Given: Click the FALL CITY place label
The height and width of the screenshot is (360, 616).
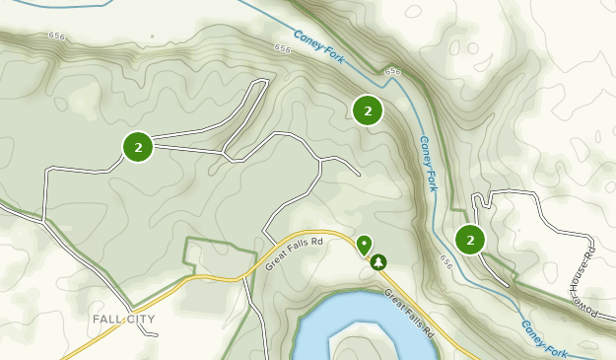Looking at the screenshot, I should tap(124, 320).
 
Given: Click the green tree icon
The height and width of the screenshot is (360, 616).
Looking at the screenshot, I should tap(376, 262).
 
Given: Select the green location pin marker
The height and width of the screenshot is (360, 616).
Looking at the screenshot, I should tap(364, 244).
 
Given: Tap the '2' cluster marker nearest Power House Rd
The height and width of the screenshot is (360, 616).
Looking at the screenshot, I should tap(470, 240).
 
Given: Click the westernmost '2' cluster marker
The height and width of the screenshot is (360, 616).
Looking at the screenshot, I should tap(138, 148).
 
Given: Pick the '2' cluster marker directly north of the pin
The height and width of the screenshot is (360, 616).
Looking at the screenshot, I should tap(368, 111).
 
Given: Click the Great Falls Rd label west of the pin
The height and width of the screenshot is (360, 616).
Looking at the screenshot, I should tap(296, 252).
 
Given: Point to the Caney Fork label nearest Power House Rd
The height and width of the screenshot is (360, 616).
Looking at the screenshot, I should tap(545, 335).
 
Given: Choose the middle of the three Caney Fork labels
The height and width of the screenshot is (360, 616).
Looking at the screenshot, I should tap(428, 164).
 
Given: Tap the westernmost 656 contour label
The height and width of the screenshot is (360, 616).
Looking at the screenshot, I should tap(56, 36).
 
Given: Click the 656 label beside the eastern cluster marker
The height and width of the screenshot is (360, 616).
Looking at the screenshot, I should tap(447, 263).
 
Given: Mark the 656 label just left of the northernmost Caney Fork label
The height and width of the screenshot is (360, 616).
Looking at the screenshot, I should tap(284, 47).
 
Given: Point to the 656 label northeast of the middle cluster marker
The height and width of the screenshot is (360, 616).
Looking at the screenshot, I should tap(394, 72).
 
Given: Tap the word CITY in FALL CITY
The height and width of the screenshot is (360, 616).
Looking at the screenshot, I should tap(141, 320).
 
